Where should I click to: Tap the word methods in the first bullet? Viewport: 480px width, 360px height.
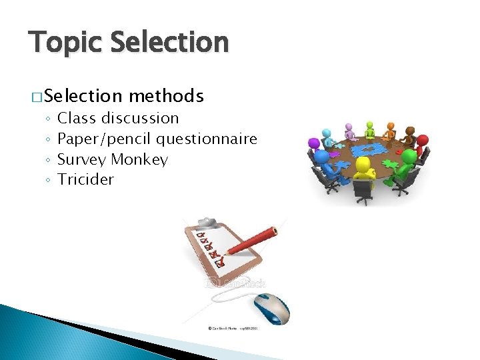click(166, 97)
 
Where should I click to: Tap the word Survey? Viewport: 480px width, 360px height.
click(82, 160)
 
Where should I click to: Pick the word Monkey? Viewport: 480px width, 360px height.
click(139, 160)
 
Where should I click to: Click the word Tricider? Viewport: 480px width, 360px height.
click(85, 180)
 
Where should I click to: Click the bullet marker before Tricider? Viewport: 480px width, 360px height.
click(49, 181)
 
